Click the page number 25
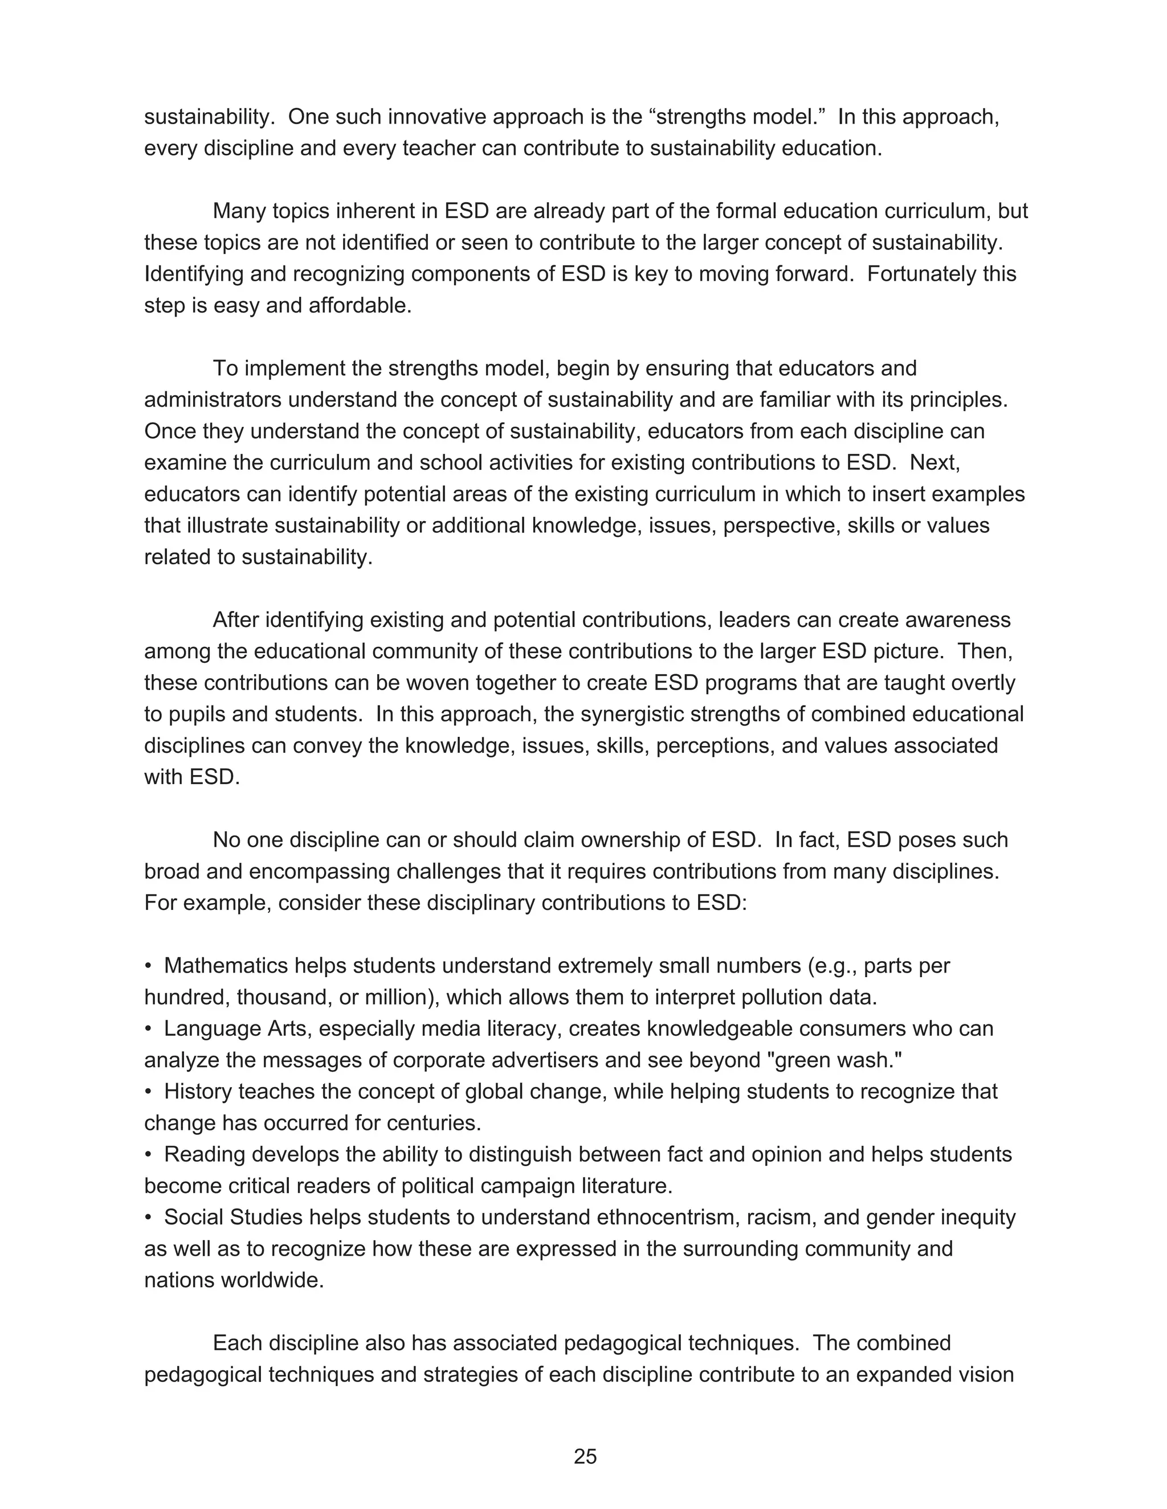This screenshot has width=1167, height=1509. (x=585, y=1457)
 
